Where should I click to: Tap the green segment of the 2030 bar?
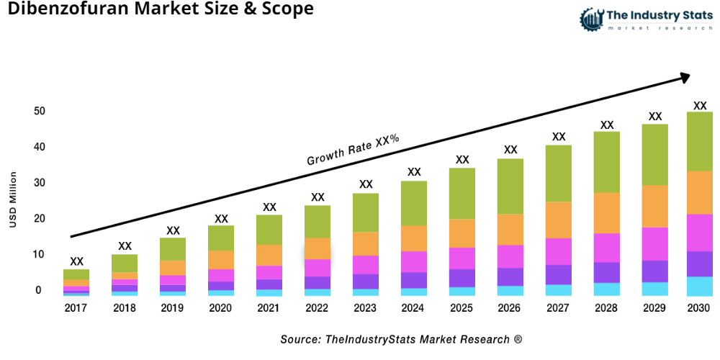point(699,141)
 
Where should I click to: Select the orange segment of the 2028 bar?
point(607,213)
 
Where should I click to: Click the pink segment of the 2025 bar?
point(462,258)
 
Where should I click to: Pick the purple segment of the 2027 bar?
point(559,274)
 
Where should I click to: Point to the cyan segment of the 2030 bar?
point(699,286)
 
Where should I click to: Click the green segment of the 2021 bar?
point(269,230)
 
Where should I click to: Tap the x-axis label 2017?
point(76,308)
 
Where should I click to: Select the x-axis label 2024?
point(414,308)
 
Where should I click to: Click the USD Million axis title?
point(13,200)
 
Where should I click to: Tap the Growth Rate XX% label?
point(353,150)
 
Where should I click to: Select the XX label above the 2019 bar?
point(173,230)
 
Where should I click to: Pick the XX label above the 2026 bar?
point(510,150)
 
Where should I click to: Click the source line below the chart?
point(401,338)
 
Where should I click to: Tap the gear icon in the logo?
point(590,19)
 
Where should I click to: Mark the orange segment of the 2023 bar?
point(366,243)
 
